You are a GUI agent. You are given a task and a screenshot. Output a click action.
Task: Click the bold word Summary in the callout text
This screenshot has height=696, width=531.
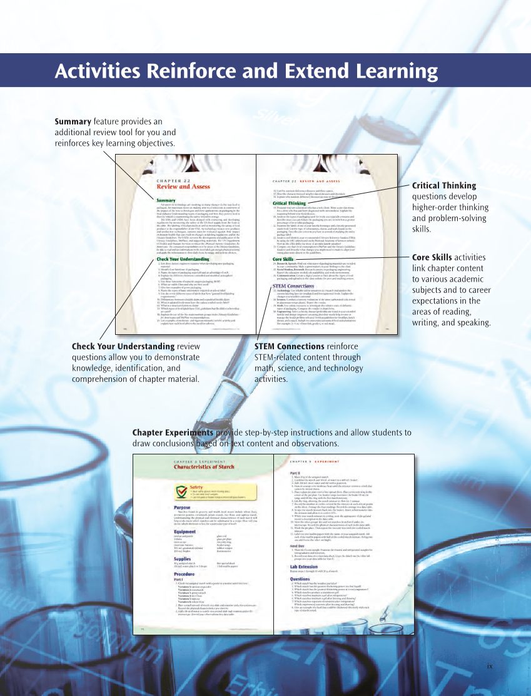pos(73,121)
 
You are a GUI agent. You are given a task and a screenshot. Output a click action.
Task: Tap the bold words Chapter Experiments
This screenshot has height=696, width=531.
pos(173,432)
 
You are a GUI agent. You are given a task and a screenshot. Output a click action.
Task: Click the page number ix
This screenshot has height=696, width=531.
pos(490,665)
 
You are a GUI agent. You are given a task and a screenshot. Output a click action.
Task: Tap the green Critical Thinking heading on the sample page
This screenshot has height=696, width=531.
pos(290,203)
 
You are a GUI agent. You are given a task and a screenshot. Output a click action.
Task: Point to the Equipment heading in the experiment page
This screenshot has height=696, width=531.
pos(185,531)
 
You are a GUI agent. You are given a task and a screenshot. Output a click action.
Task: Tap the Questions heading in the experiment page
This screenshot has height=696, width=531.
pos(300,596)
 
